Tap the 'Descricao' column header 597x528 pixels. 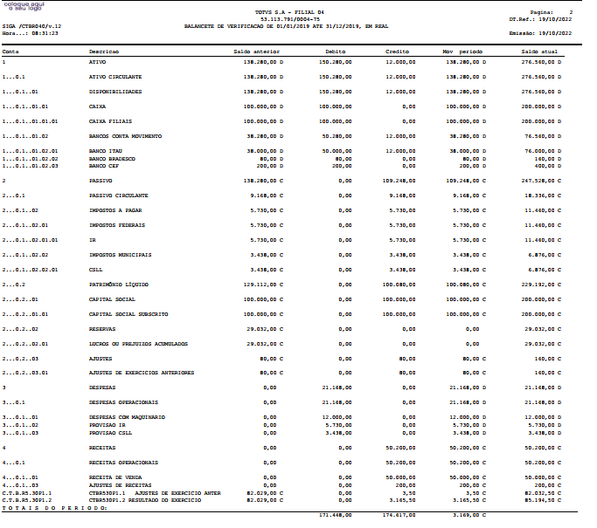(104, 51)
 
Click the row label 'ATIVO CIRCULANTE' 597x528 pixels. (115, 77)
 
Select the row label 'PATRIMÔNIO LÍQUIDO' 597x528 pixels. (120, 284)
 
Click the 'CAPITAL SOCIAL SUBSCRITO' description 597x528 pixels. (128, 313)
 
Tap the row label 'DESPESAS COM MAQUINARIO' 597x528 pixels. (128, 417)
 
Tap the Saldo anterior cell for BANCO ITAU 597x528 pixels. (266, 152)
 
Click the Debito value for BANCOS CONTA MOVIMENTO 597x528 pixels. (337, 136)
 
